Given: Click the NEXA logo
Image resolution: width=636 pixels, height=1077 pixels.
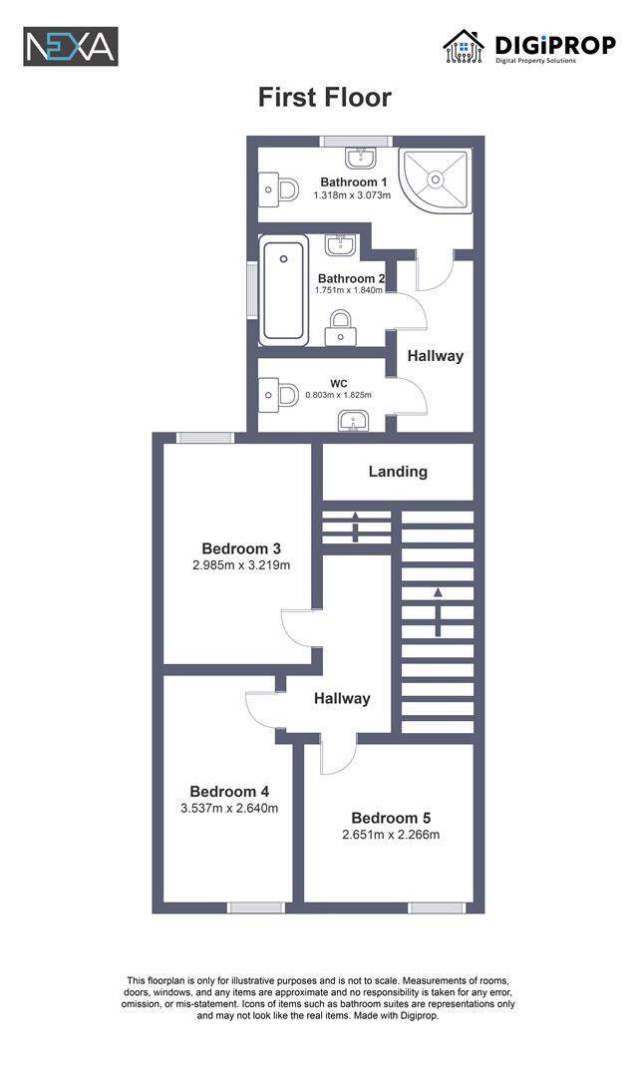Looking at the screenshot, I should [71, 46].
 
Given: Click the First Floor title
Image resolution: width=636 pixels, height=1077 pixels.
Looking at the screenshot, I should [324, 97].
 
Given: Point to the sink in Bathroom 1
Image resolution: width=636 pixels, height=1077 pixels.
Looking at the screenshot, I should [360, 157].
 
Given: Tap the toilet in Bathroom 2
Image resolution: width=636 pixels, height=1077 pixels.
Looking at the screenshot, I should [341, 327].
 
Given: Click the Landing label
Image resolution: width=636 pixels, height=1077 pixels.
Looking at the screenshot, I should [398, 471].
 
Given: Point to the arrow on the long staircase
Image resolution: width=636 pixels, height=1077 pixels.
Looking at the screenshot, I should [437, 611].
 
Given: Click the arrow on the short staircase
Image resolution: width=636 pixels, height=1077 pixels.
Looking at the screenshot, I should [356, 526].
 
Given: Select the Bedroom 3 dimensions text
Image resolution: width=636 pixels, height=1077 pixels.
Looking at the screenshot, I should [240, 565].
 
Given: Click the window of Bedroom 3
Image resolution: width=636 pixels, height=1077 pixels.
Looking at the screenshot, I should [204, 437].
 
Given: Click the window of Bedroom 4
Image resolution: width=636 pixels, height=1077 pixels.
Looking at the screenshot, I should [256, 907].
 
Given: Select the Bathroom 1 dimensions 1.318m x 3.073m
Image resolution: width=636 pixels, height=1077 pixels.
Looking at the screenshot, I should [353, 195].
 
